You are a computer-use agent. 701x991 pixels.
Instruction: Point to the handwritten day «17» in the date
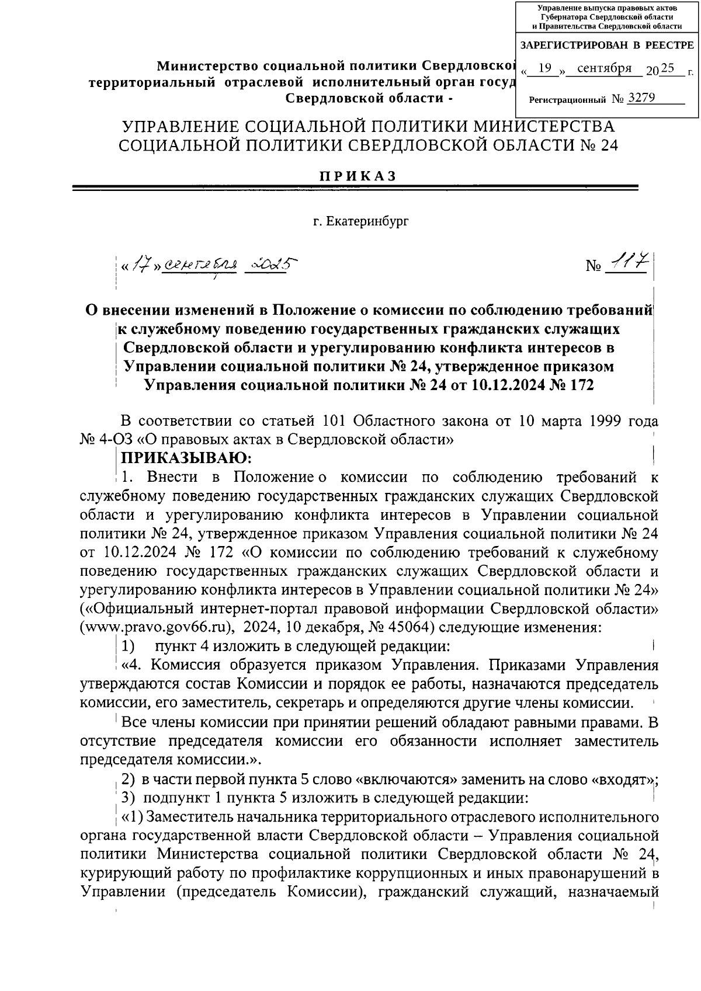[140, 266]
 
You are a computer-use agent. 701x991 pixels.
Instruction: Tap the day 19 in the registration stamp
[544, 69]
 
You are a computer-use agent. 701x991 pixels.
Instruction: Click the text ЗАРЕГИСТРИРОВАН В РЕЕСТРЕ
[606, 45]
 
